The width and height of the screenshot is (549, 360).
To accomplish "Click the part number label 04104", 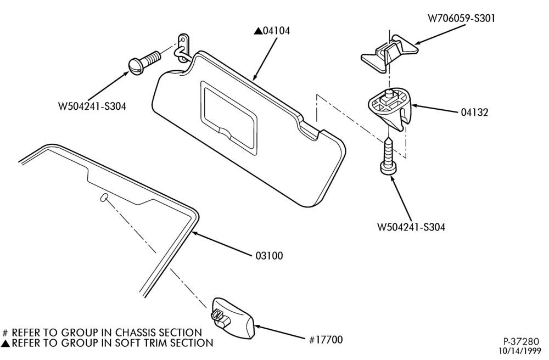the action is (x=276, y=31).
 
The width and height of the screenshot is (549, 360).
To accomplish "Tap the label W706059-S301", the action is (x=462, y=19).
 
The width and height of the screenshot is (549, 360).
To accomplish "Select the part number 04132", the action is (x=474, y=113).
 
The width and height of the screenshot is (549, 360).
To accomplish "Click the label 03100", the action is (x=269, y=256).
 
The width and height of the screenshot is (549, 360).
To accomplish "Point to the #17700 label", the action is (x=326, y=340).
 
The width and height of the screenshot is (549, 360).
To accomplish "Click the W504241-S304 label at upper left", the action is (x=92, y=106).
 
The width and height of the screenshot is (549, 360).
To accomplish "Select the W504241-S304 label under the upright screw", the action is (x=411, y=227).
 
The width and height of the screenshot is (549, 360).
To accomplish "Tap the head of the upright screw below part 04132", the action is (x=389, y=168).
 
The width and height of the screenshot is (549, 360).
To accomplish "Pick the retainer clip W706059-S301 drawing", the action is (x=389, y=54).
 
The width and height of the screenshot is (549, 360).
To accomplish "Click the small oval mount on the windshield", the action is (x=104, y=197).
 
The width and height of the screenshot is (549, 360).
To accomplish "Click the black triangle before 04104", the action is (x=258, y=31).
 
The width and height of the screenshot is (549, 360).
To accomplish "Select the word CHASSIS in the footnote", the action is (x=135, y=332).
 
